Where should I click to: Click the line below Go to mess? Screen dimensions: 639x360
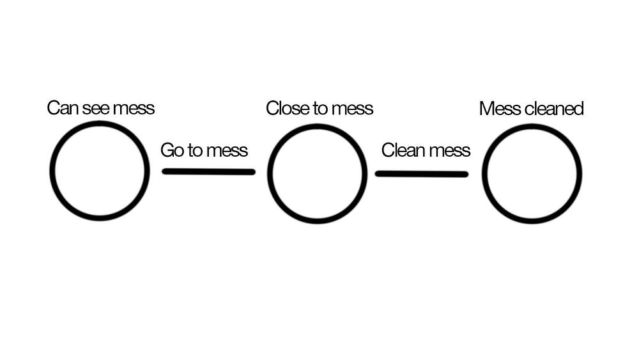(x=209, y=171)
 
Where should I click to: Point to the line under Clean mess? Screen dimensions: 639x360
(x=421, y=174)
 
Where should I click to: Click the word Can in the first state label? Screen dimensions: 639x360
(x=63, y=108)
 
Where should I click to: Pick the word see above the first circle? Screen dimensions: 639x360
(x=96, y=109)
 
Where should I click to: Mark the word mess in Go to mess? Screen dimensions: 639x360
(x=227, y=151)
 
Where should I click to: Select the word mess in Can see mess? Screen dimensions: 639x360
(x=134, y=109)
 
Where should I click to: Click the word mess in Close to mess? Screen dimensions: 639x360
(x=352, y=109)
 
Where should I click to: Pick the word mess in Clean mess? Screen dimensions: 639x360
(x=449, y=151)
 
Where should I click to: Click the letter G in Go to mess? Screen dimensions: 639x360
(x=167, y=150)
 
